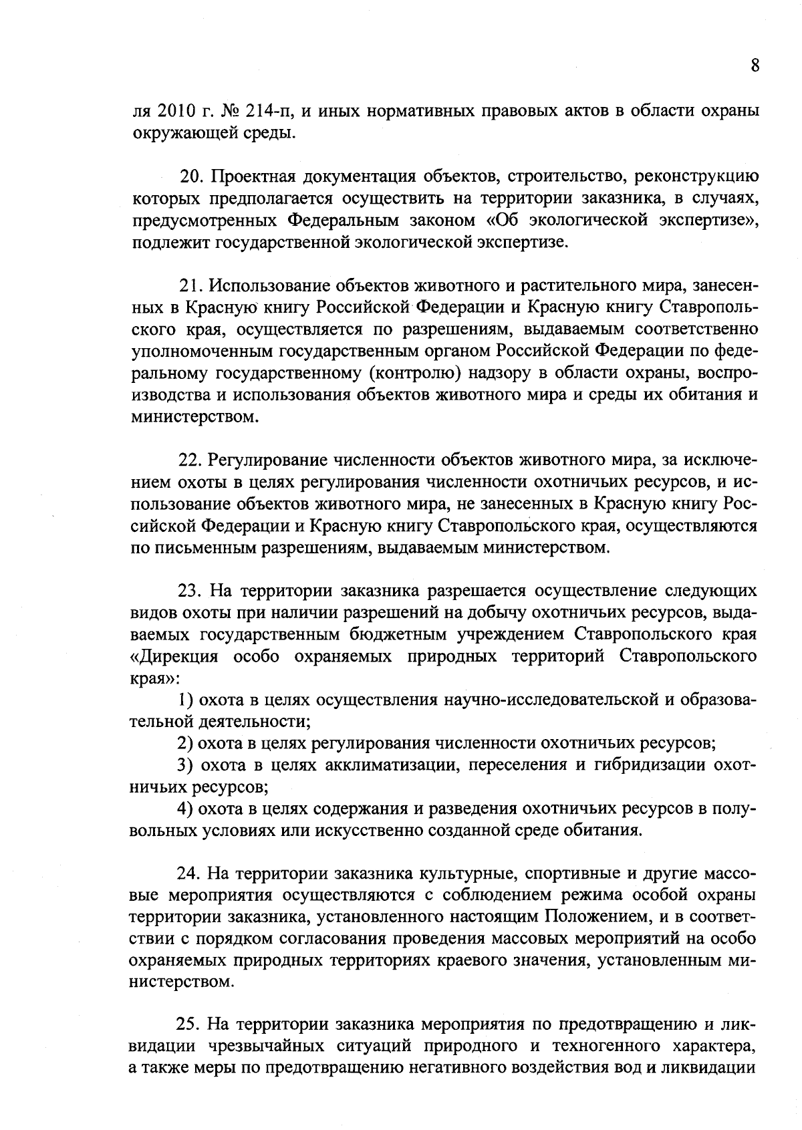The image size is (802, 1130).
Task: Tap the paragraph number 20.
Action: pos(191,176)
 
